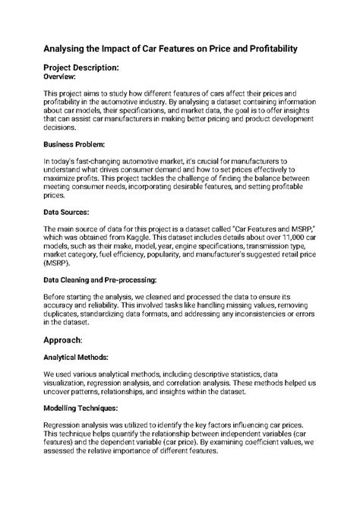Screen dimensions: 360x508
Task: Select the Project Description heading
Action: [92, 68]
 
